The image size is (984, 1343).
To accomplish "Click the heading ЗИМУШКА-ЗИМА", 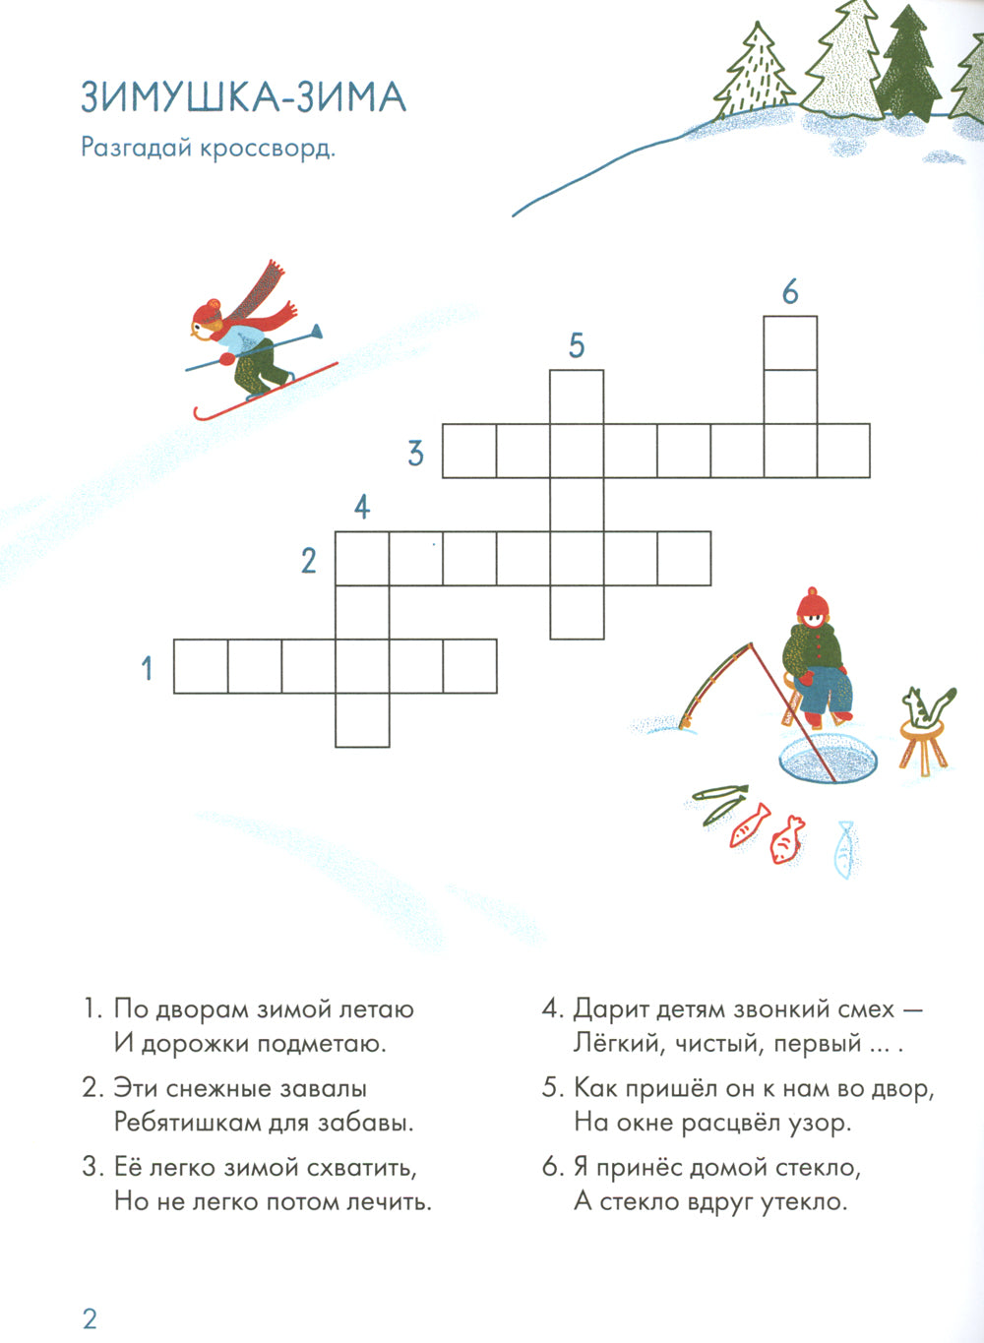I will point(242,97).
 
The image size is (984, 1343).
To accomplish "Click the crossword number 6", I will point(789,292).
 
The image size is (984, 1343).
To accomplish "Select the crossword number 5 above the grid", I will point(577,345).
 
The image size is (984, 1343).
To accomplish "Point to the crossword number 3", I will point(416,453).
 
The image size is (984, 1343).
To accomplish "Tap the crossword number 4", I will point(362,507).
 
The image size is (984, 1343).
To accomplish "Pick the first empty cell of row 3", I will point(469,451).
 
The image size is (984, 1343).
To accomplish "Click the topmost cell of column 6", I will point(790,342).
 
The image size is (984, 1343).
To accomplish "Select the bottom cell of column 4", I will point(362,720).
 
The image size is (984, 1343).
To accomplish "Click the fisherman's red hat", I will point(812,602).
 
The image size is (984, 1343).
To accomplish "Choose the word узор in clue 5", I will point(821,1122).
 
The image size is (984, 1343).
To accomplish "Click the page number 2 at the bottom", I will point(90,1318).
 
